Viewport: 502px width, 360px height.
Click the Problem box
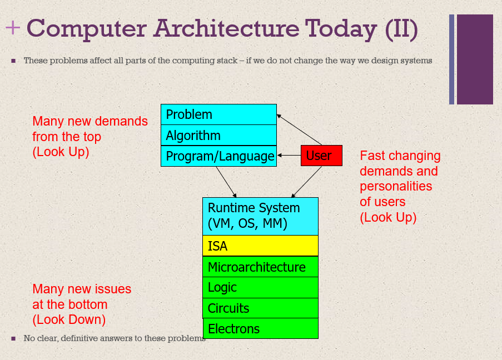(218, 114)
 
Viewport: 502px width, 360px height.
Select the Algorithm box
(218, 136)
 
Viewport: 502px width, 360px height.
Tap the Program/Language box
(218, 156)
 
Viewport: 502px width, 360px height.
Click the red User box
(321, 156)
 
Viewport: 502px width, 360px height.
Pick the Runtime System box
(260, 216)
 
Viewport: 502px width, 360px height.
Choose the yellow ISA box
(260, 246)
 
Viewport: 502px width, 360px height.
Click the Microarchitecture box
(260, 267)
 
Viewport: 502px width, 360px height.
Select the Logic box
(260, 287)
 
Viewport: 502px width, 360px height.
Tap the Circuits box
(260, 308)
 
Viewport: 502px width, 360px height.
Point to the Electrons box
(261, 328)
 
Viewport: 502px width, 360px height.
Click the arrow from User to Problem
(299, 129)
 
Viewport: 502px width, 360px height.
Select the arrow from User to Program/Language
(289, 156)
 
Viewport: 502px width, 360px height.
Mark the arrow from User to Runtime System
(306, 182)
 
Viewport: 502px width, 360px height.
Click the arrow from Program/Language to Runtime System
(226, 182)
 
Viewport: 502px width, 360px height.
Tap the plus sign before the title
(13, 28)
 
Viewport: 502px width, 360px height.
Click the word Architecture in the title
(226, 28)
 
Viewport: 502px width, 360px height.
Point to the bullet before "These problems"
(13, 61)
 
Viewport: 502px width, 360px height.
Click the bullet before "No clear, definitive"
(13, 338)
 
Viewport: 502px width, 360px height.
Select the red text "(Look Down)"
(69, 319)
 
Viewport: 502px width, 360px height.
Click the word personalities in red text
(396, 187)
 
